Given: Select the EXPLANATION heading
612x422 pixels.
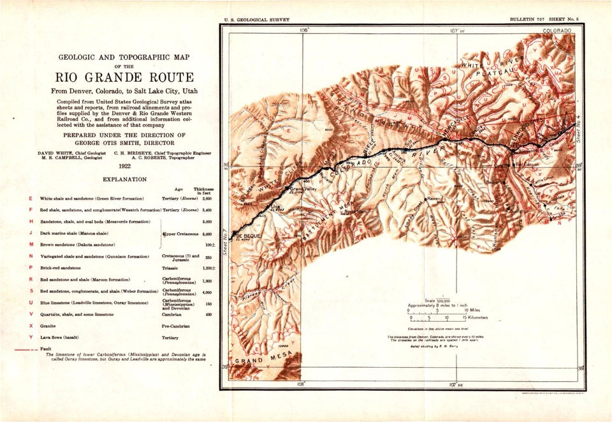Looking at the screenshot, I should [124, 179].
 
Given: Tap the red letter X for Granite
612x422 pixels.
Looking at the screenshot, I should [31, 325].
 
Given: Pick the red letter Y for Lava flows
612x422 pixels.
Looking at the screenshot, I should [31, 337].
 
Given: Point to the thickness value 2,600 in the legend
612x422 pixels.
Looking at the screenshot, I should [207, 199].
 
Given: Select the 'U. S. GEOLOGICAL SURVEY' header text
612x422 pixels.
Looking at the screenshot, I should [252, 20].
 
